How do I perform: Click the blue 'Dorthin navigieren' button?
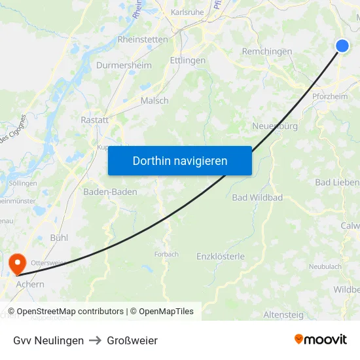click(179, 160)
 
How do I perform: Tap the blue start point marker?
click(342, 45)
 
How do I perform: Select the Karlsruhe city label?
click(187, 12)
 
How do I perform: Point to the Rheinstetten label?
click(143, 39)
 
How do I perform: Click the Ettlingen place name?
click(187, 60)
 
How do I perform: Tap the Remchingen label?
click(267, 51)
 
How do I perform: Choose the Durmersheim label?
click(124, 65)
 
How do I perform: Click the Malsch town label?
click(154, 101)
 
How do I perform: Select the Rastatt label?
click(95, 120)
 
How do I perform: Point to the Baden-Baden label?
click(110, 192)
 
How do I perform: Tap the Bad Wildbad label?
click(257, 198)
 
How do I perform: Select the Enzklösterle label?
click(221, 257)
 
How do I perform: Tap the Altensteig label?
click(283, 315)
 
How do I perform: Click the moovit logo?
click(321, 340)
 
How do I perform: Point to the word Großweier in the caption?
click(132, 340)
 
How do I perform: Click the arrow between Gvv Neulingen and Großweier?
click(96, 340)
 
